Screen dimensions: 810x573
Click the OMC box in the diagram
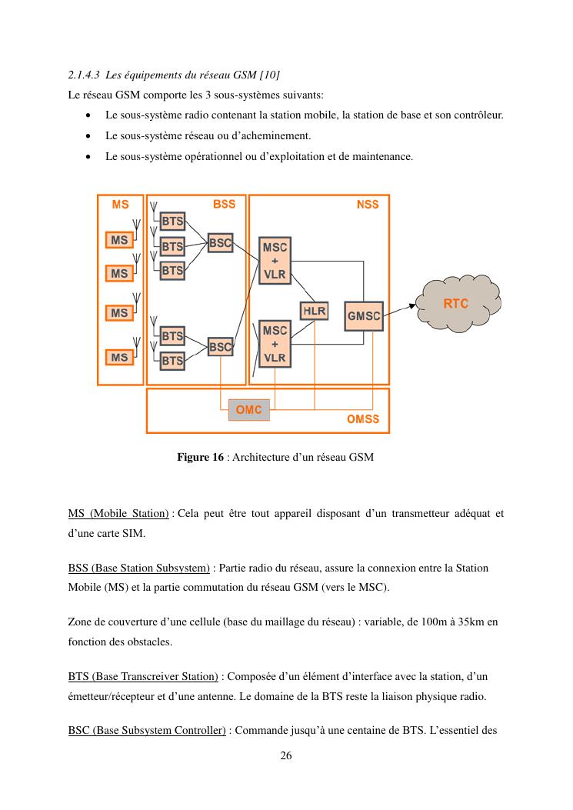click(x=248, y=410)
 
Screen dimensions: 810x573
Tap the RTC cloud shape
click(x=456, y=305)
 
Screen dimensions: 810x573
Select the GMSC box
click(x=364, y=315)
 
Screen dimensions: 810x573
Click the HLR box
click(x=314, y=311)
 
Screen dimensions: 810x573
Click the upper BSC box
click(x=220, y=243)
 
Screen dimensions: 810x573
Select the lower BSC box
click(x=220, y=347)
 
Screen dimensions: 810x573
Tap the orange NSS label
click(x=368, y=205)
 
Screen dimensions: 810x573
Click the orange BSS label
click(x=224, y=205)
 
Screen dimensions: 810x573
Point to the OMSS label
click(x=363, y=420)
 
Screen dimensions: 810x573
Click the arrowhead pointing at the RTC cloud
click(x=412, y=305)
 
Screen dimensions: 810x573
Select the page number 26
click(x=285, y=756)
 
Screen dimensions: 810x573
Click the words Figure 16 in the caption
click(x=200, y=458)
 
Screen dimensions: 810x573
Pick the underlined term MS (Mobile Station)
click(x=118, y=513)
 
